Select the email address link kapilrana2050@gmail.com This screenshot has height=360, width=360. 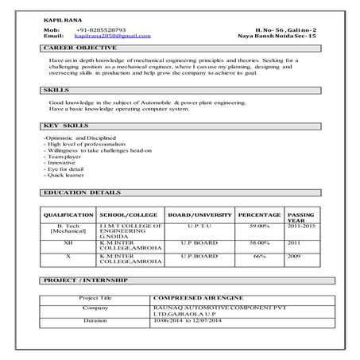coord(111,37)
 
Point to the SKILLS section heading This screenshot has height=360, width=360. coord(58,91)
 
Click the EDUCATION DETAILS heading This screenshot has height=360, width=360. coord(83,193)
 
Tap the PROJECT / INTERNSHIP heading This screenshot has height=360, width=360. coord(87,282)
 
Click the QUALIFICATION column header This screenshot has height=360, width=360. coord(69,215)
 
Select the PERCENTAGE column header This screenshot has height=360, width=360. coord(259,215)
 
